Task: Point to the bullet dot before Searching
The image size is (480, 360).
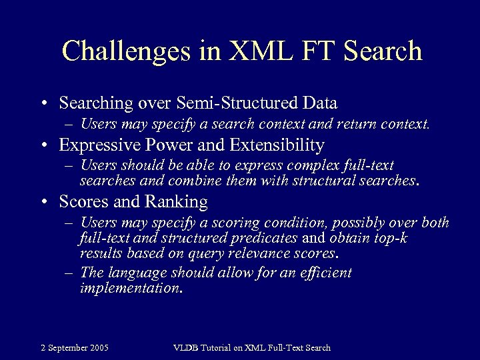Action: point(43,104)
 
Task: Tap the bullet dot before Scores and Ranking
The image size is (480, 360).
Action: point(43,202)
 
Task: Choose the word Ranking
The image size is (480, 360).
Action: point(175,201)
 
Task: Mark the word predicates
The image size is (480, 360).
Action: point(263,238)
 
